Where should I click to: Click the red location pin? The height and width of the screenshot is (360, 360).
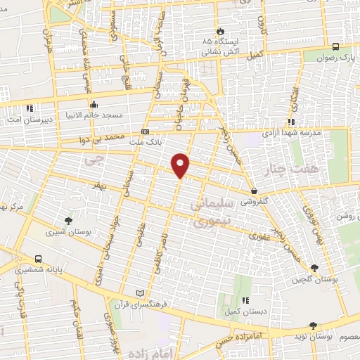click(181, 165)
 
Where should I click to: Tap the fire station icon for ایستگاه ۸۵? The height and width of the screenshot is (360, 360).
click(221, 32)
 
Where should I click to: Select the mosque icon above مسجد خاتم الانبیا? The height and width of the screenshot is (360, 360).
click(94, 104)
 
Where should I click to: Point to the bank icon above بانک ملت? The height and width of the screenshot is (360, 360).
click(146, 131)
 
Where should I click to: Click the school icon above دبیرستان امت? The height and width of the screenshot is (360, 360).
click(30, 109)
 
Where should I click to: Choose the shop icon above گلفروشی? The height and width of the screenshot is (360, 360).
click(254, 191)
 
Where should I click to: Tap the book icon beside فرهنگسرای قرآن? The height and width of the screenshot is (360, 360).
click(139, 292)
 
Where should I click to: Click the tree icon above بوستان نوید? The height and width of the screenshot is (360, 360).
click(313, 326)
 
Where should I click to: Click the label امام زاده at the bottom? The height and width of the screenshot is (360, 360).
click(154, 346)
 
